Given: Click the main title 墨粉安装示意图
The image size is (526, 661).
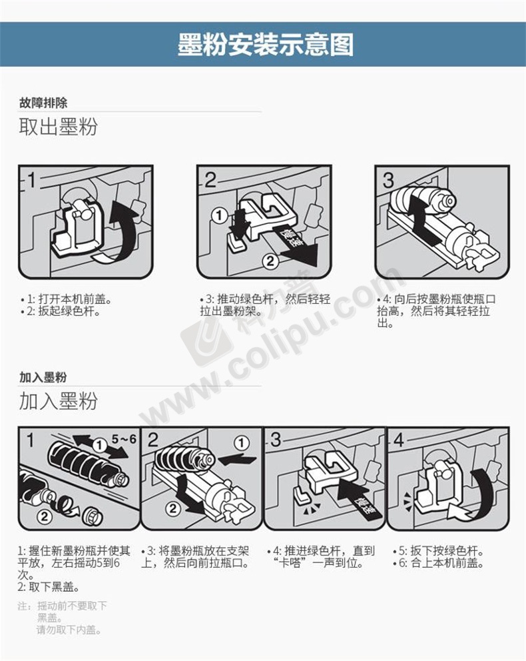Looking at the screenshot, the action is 265,44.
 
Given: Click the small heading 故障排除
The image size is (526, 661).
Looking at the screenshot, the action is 43,103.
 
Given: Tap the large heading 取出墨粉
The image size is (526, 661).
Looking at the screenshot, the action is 58,127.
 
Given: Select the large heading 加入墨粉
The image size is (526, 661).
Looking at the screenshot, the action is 58,401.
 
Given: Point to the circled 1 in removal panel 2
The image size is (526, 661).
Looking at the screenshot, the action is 219,216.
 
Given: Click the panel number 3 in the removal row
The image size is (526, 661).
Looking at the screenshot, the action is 388,181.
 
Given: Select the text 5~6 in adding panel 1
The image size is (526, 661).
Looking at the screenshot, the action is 124,439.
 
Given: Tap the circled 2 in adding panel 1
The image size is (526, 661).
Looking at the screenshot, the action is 44,515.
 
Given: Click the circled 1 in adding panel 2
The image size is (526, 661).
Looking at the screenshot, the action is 241,442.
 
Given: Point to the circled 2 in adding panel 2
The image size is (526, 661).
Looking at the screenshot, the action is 173,508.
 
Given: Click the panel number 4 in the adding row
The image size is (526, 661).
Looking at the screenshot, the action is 398,440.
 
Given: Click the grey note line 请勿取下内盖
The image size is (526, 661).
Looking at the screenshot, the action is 69,630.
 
